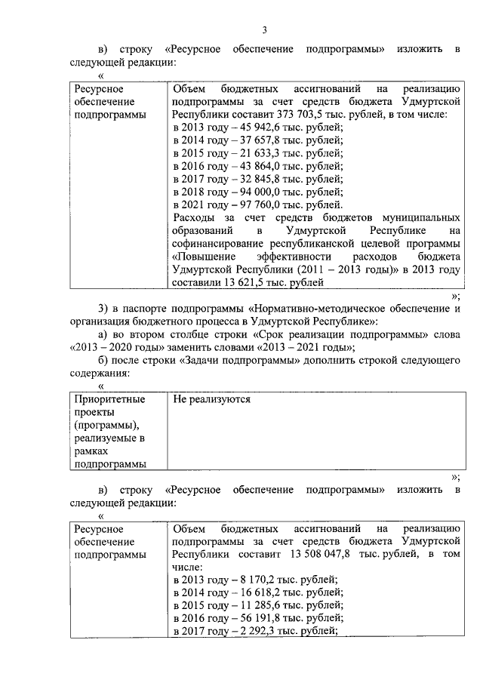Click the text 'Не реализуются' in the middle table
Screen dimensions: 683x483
point(211,399)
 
